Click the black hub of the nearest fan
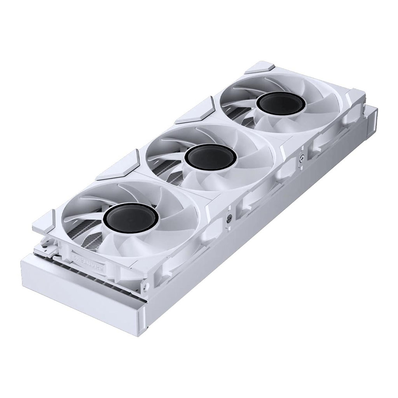(130, 219)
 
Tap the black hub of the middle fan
(211, 159)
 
